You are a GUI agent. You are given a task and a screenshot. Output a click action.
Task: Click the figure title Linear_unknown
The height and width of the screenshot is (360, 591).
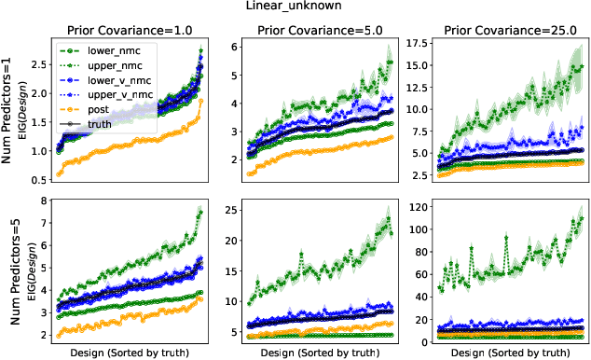pyautogui.click(x=295, y=7)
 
